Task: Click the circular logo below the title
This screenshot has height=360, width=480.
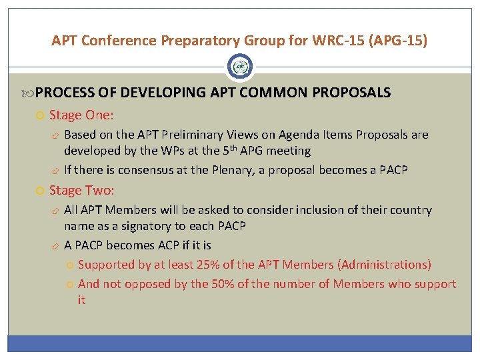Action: click(240, 67)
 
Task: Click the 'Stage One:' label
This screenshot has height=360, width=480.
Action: click(81, 115)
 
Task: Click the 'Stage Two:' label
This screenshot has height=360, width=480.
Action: click(82, 191)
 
